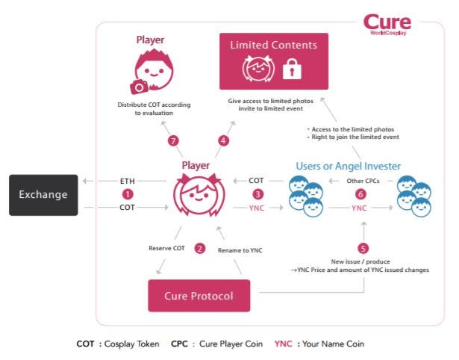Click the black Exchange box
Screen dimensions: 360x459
[43, 195]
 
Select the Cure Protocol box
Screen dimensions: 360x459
[199, 296]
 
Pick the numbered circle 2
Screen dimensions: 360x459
[199, 249]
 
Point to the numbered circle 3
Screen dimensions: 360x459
[256, 194]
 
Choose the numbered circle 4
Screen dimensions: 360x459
[223, 140]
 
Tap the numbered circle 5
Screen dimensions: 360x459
[363, 249]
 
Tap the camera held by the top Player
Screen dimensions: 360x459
[138, 87]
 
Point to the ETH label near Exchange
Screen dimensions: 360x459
[128, 181]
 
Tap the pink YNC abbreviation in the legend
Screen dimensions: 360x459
[283, 344]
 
